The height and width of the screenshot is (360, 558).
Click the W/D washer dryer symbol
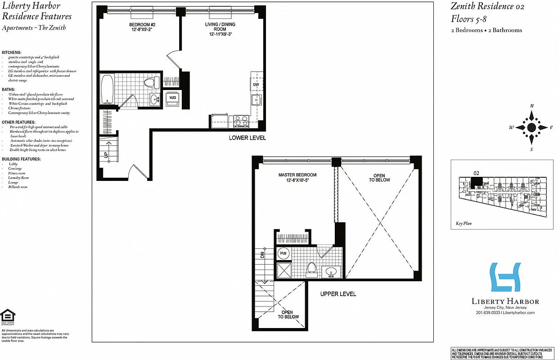[x=172, y=98]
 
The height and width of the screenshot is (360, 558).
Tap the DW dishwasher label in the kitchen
[x=256, y=85]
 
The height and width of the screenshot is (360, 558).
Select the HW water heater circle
[x=283, y=253]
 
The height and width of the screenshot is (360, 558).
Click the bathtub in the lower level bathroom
[x=107, y=89]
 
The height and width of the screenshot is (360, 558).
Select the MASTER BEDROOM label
[x=297, y=178]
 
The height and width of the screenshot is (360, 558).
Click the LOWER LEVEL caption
[x=247, y=138]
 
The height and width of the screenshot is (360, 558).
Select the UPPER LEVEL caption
[x=338, y=294]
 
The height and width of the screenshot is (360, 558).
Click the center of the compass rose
[x=531, y=127]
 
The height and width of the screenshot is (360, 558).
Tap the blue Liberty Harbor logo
[x=505, y=278]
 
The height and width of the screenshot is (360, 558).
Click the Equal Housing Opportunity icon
[x=7, y=316]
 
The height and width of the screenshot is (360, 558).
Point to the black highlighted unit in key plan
[x=476, y=182]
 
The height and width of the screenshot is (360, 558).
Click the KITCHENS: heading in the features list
[x=12, y=53]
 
